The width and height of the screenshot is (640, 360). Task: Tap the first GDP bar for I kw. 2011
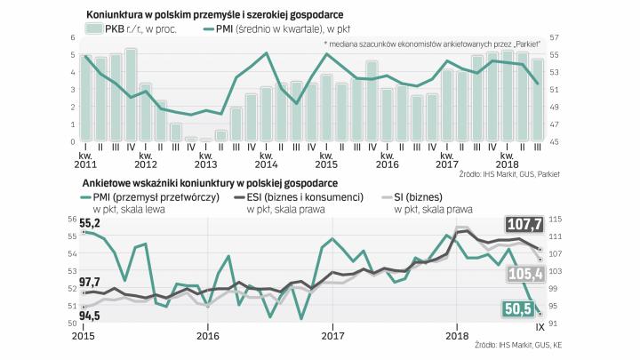[86, 99]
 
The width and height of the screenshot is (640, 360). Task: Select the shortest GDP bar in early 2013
[206, 140]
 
